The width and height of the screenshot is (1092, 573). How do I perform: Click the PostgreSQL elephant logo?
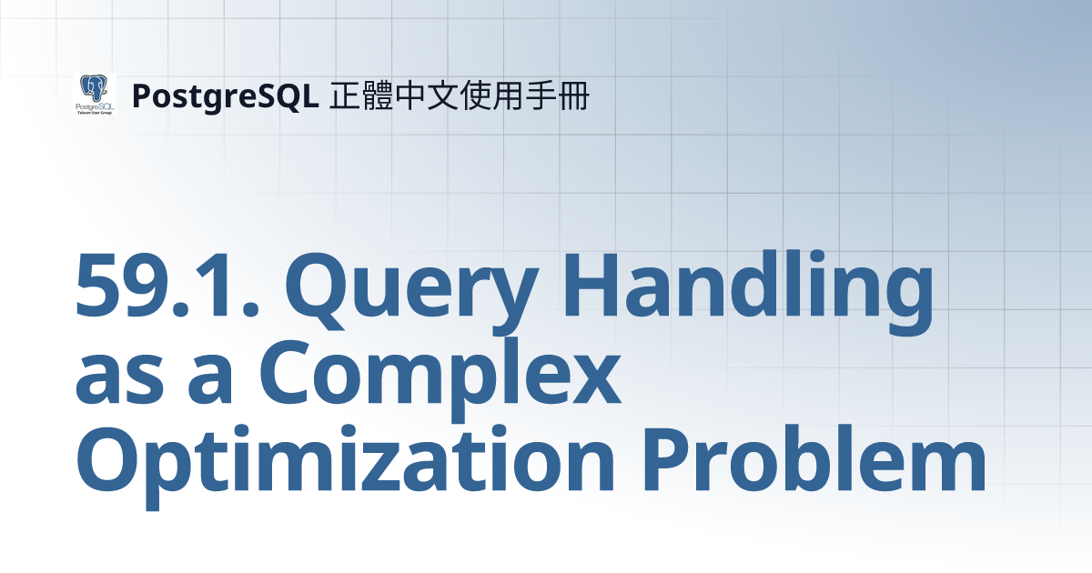94,94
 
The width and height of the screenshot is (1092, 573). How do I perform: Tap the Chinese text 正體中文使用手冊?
459,95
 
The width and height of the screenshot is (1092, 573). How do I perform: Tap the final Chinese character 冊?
572,95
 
